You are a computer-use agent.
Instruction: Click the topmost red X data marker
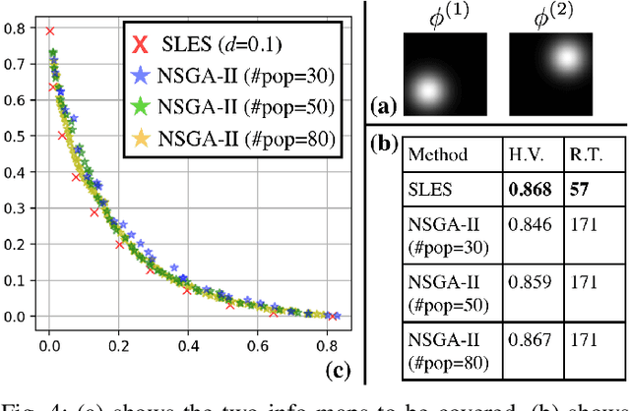click(x=50, y=31)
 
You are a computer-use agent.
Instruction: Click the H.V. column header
click(x=525, y=154)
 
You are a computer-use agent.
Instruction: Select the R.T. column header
click(x=584, y=154)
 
